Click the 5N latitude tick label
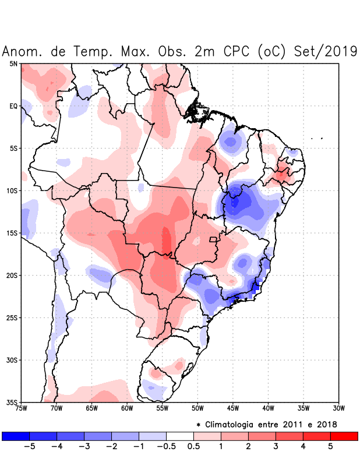pos(13,63)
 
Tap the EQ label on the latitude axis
pos(13,106)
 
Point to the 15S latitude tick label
pos(12,233)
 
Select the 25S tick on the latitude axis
pos(12,317)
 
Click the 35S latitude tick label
pos(12,402)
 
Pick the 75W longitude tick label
pos(22,408)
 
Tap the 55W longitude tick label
pos(163,408)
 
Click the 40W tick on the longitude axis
pos(268,408)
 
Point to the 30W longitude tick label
pos(338,408)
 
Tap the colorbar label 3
pos(275,447)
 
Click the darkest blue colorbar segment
pos(16,436)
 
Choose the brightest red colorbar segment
pos(344,436)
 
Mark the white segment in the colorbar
pos(180,436)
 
